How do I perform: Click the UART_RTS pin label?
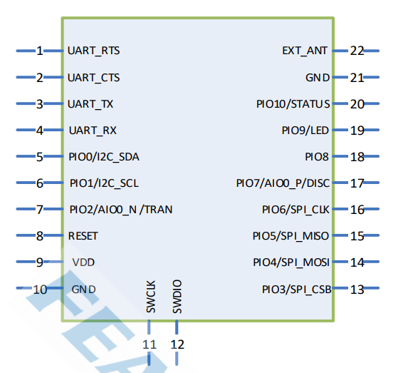point(94,51)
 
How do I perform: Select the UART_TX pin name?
point(90,104)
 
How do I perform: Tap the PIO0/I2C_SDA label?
point(109,157)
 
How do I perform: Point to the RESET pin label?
point(83,235)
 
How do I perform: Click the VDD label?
point(83,262)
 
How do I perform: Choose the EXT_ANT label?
point(305,51)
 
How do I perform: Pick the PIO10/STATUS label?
point(293,104)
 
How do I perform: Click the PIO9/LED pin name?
point(305,131)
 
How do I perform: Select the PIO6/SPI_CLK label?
point(295,210)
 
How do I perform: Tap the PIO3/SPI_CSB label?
point(295,289)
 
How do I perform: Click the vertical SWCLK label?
point(150,297)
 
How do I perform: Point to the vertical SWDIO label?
point(177,297)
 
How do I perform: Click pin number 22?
point(357,51)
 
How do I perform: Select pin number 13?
point(357,289)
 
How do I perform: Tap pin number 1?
point(40,51)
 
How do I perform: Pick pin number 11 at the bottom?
point(150,344)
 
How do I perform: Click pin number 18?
point(357,157)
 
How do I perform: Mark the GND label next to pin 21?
point(318,78)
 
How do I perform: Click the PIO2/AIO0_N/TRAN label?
point(121,210)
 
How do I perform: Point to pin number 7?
point(40,210)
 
